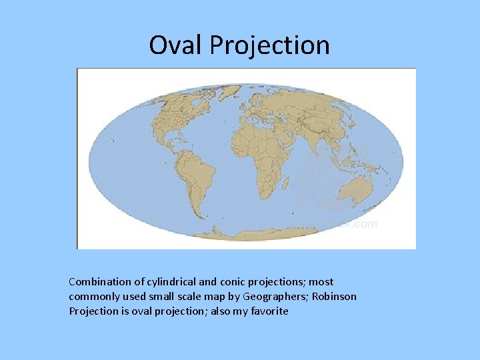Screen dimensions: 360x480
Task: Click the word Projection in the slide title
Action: pyautogui.click(x=269, y=45)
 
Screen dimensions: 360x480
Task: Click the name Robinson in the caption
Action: pyautogui.click(x=334, y=297)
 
